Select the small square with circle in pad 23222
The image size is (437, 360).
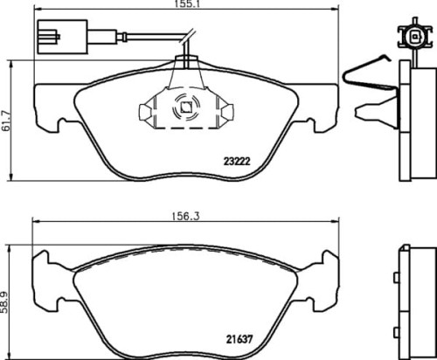185,110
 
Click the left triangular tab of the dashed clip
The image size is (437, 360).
145,112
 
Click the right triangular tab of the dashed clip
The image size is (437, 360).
225,111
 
